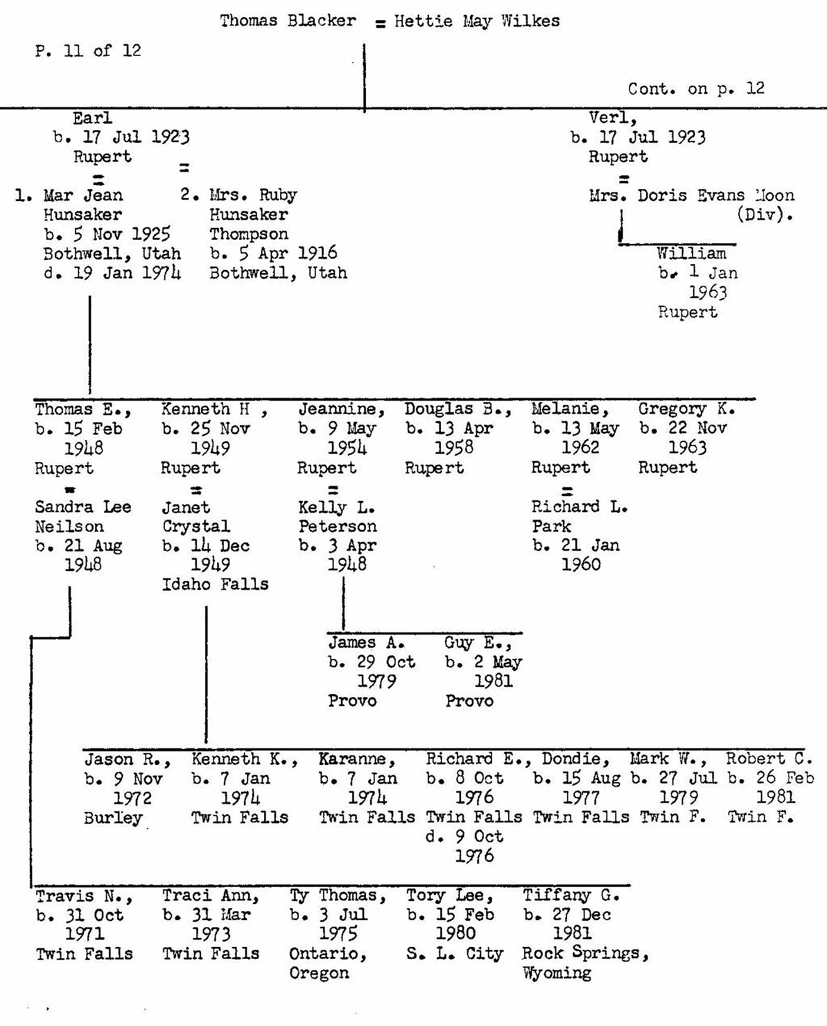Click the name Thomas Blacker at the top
click(287, 21)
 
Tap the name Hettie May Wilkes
click(477, 21)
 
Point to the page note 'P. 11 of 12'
click(88, 51)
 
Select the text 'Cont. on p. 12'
click(696, 88)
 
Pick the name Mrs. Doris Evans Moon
click(691, 195)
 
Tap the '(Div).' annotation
click(764, 214)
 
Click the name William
click(691, 253)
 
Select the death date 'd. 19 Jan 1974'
click(112, 273)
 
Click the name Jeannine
click(341, 409)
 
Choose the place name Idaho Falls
click(215, 584)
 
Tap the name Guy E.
click(477, 642)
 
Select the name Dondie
click(575, 759)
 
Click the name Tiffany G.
click(571, 895)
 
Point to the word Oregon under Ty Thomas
click(319, 973)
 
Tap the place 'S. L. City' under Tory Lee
click(454, 953)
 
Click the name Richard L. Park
click(579, 516)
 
